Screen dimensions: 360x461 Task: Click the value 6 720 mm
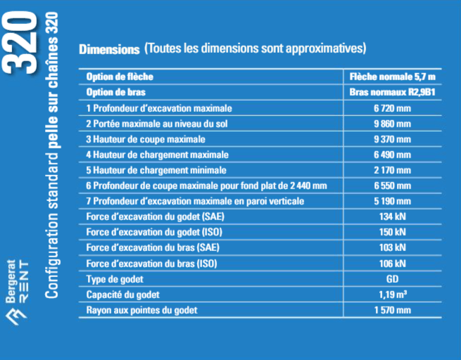click(392, 108)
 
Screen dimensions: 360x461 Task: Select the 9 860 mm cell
click(392, 124)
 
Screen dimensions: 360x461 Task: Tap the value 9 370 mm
click(392, 139)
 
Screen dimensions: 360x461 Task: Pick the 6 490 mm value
click(392, 155)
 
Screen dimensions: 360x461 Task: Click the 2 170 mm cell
click(392, 170)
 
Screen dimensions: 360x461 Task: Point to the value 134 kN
click(392, 217)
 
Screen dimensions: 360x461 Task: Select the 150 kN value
click(392, 232)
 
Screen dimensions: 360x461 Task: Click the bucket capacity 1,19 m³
click(392, 294)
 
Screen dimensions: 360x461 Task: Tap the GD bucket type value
click(392, 278)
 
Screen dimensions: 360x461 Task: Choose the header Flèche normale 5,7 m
click(392, 77)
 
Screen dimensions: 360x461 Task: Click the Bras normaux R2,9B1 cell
click(392, 92)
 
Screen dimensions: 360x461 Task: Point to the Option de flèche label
click(120, 77)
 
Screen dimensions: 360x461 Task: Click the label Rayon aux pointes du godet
click(141, 309)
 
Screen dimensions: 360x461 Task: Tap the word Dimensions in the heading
click(109, 49)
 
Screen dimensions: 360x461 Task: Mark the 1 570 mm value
click(392, 309)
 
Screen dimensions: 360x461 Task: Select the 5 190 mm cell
click(392, 201)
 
